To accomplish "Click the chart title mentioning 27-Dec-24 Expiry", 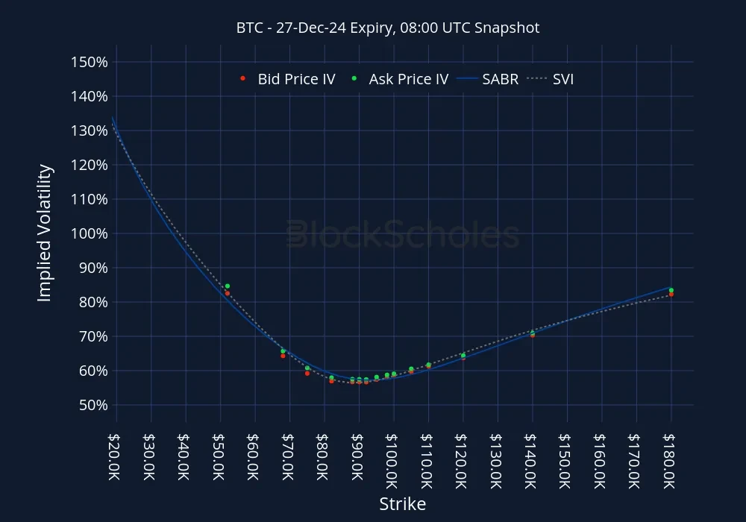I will pyautogui.click(x=388, y=28).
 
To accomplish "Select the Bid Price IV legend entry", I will pyautogui.click(x=288, y=79).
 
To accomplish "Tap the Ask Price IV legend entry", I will pyautogui.click(x=400, y=79).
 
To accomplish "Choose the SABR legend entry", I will pyautogui.click(x=490, y=79).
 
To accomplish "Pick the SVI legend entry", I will pyautogui.click(x=554, y=79).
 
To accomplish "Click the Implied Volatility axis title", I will pyautogui.click(x=45, y=233).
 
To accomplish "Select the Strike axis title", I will pyautogui.click(x=403, y=504).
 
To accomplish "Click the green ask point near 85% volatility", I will pyautogui.click(x=228, y=286).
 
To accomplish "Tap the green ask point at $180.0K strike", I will pyautogui.click(x=671, y=290).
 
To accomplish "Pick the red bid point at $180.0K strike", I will pyautogui.click(x=671, y=295).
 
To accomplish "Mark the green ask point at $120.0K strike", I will pyautogui.click(x=463, y=355).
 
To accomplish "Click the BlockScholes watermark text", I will pyautogui.click(x=403, y=234).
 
